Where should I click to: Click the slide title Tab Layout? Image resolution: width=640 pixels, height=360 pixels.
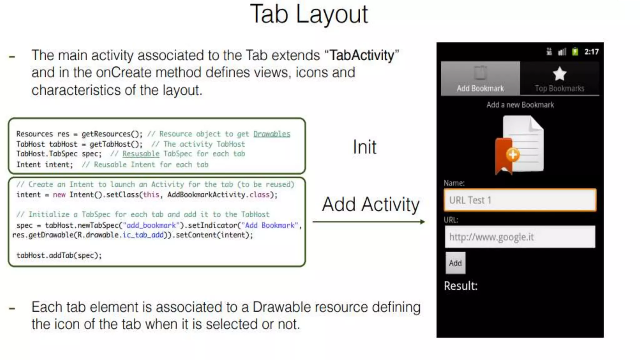[309, 14]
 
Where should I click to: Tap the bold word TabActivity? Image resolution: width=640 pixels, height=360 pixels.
[362, 56]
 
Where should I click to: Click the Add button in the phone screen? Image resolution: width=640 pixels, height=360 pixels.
[455, 263]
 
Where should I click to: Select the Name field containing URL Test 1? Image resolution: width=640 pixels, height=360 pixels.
[520, 200]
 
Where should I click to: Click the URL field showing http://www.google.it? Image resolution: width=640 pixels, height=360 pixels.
[520, 237]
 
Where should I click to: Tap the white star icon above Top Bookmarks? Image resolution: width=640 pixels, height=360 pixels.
[559, 74]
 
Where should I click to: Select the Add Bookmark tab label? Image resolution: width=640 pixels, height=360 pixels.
[480, 88]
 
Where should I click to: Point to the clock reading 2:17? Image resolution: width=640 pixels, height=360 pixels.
[591, 52]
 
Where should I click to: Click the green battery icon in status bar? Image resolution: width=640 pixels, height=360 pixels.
[575, 52]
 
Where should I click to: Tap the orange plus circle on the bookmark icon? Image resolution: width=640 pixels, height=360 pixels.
[513, 155]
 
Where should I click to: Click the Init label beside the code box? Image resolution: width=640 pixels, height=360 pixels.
[364, 147]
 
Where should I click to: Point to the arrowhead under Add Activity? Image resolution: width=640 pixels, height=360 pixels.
[422, 222]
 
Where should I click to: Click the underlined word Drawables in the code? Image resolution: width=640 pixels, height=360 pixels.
[272, 134]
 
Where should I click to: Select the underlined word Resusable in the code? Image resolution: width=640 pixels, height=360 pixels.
[141, 154]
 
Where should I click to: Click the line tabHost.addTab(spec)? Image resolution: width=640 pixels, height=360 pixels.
[59, 255]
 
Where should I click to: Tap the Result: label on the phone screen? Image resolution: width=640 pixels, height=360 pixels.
[461, 286]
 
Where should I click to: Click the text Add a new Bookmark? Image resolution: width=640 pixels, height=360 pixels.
[520, 105]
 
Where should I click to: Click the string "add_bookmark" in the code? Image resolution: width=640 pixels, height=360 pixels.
[151, 225]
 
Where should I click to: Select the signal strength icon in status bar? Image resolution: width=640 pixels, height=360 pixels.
[562, 52]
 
